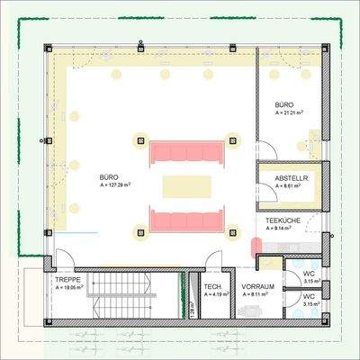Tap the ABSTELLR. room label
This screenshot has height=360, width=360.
point(291,179)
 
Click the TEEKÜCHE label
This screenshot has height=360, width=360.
point(282,220)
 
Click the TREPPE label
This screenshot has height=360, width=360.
point(58,280)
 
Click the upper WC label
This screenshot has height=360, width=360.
point(308,273)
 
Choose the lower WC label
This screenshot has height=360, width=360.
point(308,296)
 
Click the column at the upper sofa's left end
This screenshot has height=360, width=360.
point(140,139)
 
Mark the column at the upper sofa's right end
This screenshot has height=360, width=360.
point(235,139)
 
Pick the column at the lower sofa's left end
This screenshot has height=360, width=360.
point(140,231)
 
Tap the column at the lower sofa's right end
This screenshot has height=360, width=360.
point(235,231)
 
